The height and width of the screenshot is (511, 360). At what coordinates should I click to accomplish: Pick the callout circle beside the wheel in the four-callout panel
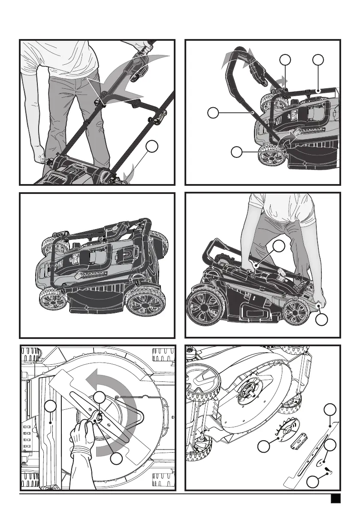pos(236,152)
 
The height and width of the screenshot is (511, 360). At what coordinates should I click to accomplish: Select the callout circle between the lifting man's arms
pos(279,246)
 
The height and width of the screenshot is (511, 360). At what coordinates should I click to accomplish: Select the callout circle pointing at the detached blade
pos(330,409)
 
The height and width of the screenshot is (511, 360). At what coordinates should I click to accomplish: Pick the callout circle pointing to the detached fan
pos(264,448)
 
